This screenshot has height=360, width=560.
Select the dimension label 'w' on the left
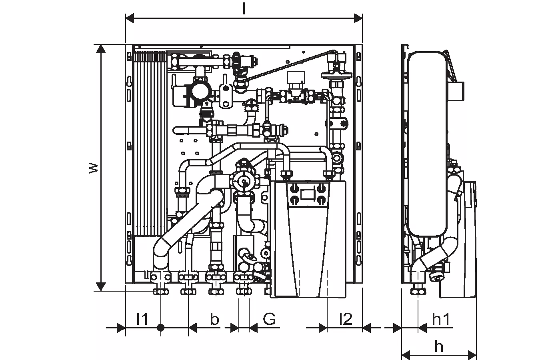click(x=93, y=168)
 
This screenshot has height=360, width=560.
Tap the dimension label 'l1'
click(x=142, y=319)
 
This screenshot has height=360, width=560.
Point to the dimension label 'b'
click(x=214, y=319)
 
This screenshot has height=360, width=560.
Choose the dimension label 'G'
click(x=270, y=319)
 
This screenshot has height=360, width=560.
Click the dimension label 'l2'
click(x=345, y=319)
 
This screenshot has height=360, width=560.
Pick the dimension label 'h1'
click(x=442, y=319)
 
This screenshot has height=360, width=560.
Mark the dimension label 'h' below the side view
click(x=439, y=346)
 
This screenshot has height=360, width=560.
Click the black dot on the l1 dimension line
click(x=160, y=328)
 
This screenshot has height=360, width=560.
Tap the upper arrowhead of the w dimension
click(x=101, y=49)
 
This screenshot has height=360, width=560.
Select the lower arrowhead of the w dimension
click(x=101, y=286)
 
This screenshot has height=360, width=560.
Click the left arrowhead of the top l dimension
click(x=130, y=18)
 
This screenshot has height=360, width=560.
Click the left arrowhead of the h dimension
click(x=406, y=354)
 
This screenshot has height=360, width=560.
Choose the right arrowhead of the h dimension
click(x=472, y=354)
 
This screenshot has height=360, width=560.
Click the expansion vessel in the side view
click(x=426, y=144)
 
